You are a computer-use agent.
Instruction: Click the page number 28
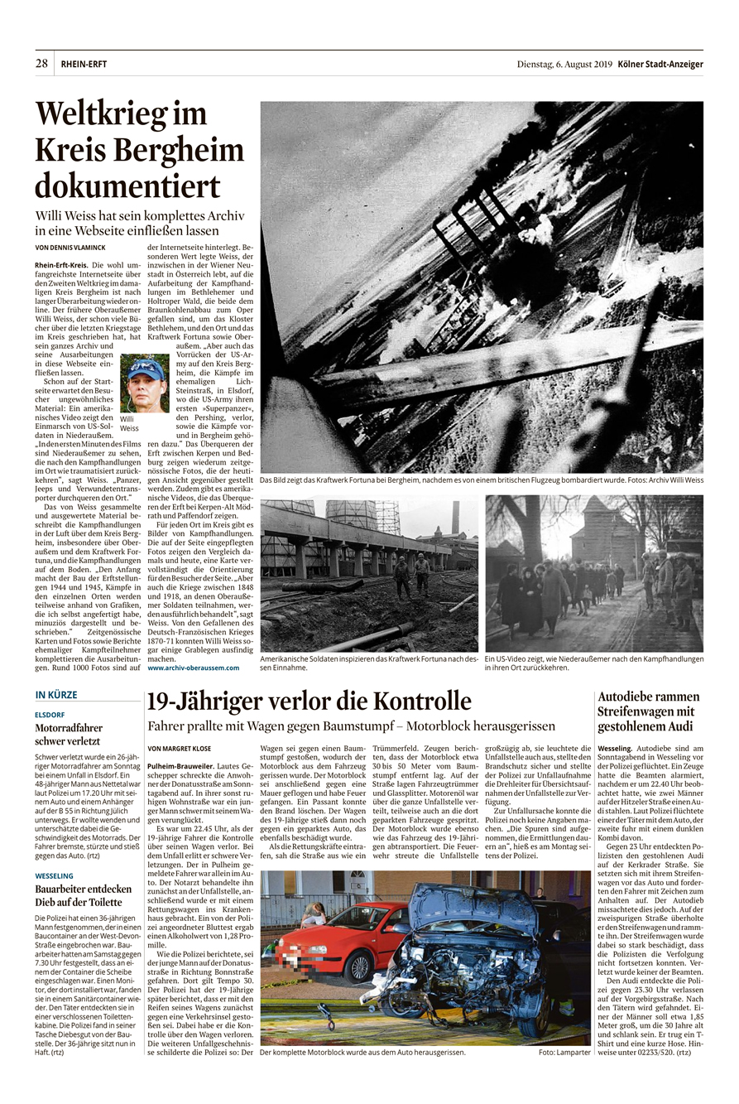[x=41, y=64]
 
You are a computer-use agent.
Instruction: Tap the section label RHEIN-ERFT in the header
[x=84, y=65]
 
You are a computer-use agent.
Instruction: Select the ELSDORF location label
[x=50, y=713]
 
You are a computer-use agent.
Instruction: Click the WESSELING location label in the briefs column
[x=54, y=875]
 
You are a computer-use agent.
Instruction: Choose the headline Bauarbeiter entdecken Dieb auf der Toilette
[x=83, y=896]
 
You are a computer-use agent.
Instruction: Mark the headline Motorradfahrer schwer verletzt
[x=68, y=735]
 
